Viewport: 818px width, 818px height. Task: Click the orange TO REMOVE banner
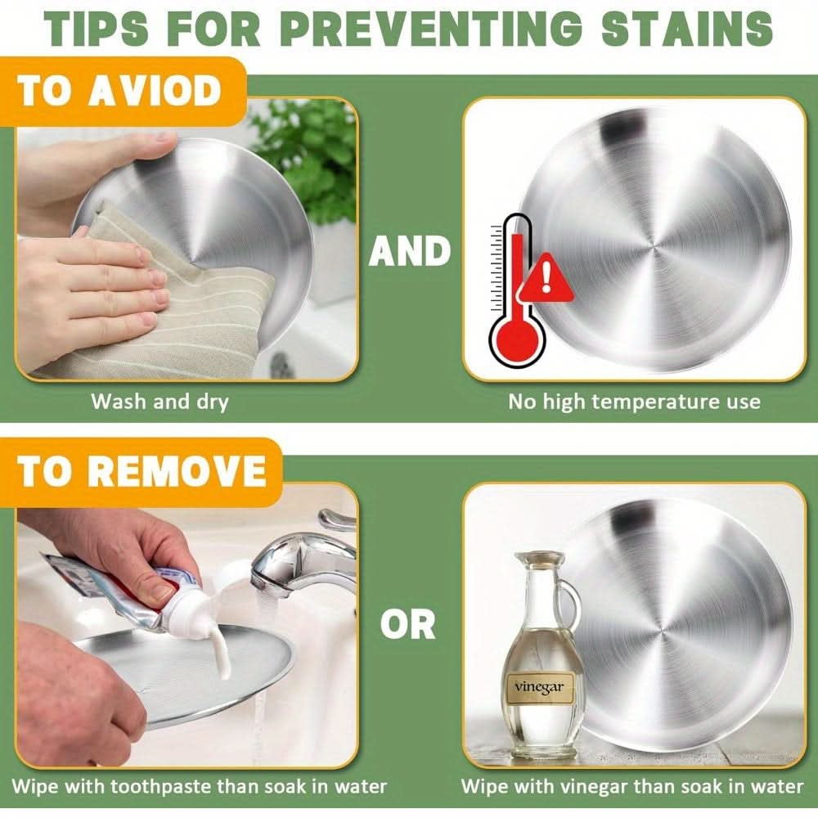pyautogui.click(x=140, y=471)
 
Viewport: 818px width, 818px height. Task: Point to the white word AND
pyautogui.click(x=410, y=251)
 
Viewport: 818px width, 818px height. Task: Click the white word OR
pyautogui.click(x=408, y=624)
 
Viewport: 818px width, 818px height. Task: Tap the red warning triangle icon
pyautogui.click(x=546, y=279)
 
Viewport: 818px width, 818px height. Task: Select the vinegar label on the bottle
pyautogui.click(x=539, y=686)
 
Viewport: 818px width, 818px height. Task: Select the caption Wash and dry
pyautogui.click(x=160, y=402)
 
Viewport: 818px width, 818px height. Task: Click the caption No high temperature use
pyautogui.click(x=635, y=402)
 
